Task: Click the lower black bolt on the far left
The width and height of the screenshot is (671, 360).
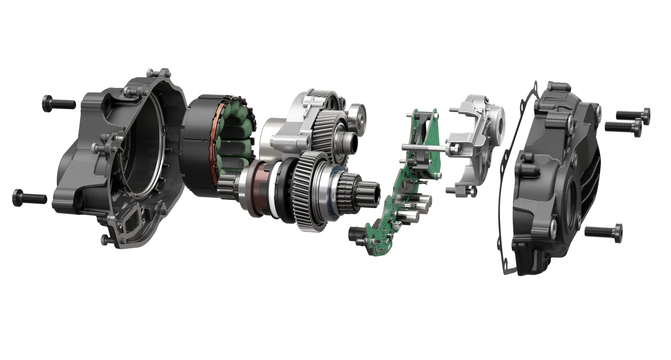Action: pyautogui.click(x=30, y=195)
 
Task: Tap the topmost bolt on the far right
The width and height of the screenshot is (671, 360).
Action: pyautogui.click(x=630, y=113)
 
